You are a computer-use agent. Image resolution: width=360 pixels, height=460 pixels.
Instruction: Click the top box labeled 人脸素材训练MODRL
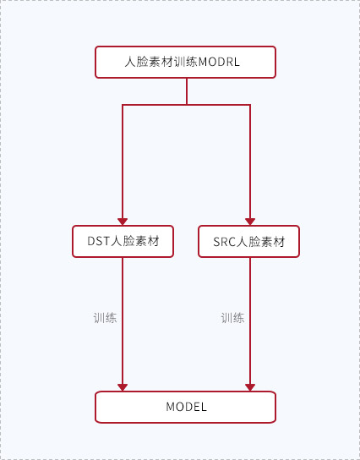(x=185, y=62)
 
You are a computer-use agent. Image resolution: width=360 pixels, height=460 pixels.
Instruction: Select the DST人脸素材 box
(x=123, y=242)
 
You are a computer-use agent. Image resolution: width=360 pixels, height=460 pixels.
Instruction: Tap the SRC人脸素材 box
(x=249, y=242)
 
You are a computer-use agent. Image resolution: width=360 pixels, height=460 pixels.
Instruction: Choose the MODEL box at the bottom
(x=185, y=407)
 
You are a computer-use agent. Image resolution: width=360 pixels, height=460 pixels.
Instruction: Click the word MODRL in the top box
(x=219, y=62)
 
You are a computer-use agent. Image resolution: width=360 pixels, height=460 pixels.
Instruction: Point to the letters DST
(x=99, y=241)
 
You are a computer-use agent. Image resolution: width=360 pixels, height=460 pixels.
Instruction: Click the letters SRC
(x=225, y=242)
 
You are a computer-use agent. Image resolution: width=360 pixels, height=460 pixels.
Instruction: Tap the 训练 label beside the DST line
(x=105, y=318)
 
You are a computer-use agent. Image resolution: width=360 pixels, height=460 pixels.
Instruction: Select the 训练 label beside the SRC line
(x=232, y=318)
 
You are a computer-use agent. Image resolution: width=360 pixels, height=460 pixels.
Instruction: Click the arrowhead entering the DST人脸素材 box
(x=123, y=222)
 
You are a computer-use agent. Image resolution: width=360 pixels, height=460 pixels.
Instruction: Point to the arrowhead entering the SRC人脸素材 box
(x=250, y=222)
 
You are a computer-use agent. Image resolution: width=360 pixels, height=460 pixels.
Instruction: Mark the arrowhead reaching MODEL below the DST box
(x=123, y=387)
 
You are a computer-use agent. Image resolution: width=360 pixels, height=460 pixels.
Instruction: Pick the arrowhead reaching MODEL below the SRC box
(x=250, y=387)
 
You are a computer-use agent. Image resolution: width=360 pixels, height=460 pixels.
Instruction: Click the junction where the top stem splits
(x=187, y=105)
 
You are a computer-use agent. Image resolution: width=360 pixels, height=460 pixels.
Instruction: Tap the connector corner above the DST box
(x=123, y=105)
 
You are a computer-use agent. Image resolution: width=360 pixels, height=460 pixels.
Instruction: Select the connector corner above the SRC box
(x=250, y=105)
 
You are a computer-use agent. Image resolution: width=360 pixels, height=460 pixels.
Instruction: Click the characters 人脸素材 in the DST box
(x=135, y=241)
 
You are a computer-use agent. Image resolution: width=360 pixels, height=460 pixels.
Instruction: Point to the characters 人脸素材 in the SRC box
(x=261, y=242)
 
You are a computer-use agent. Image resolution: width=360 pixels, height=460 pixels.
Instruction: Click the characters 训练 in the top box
(x=186, y=62)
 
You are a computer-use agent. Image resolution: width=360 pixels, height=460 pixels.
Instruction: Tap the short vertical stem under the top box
(x=187, y=91)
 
